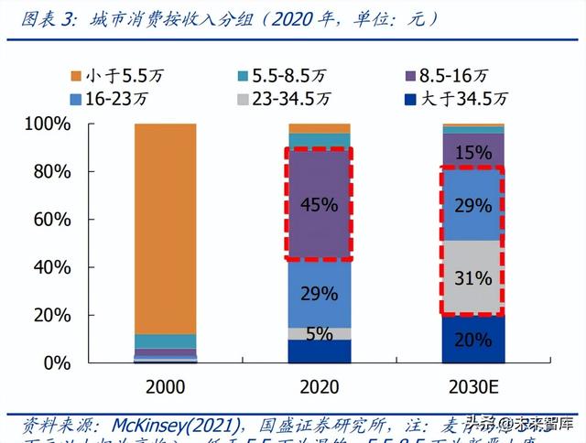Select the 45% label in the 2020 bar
tap(319, 204)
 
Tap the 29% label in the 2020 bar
tap(319, 294)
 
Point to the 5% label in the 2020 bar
tap(319, 334)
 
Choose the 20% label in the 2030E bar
tap(472, 340)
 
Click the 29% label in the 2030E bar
tap(472, 206)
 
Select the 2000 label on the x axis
tap(166, 387)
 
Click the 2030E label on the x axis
tap(472, 387)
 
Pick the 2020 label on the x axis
tap(319, 387)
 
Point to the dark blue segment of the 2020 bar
tap(319, 351)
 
